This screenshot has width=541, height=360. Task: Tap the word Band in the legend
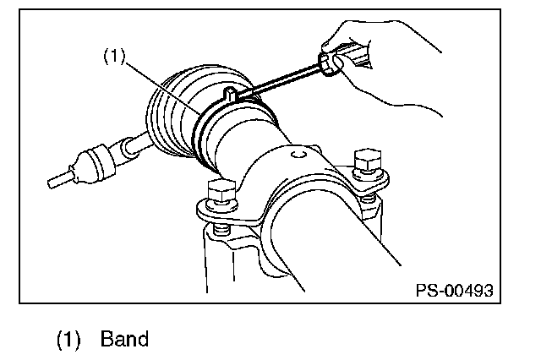124,340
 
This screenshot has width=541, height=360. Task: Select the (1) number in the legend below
68,340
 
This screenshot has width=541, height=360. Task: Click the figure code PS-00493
453,291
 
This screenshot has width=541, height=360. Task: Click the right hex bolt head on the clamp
369,160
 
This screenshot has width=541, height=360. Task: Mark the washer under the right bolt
370,175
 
